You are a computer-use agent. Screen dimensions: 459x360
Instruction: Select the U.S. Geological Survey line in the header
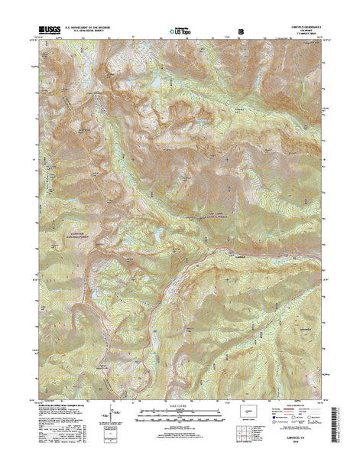(x=88, y=32)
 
